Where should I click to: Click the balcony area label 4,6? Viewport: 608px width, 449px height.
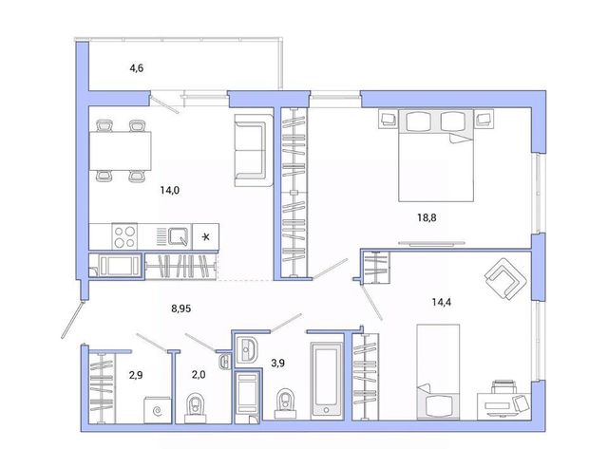[x=137, y=68]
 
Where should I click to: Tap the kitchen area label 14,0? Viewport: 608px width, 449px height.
[x=170, y=190]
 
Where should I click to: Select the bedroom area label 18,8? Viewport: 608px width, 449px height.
[x=427, y=217]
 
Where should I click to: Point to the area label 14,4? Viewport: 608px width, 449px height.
[x=441, y=302]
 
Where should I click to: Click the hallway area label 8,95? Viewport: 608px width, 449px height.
[x=181, y=309]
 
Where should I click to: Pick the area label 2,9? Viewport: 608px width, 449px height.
[x=136, y=375]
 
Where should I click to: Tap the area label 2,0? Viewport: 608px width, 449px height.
[x=199, y=375]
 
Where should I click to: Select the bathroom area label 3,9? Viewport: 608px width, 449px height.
[x=277, y=363]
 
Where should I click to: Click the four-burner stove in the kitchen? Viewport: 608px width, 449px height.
[x=124, y=236]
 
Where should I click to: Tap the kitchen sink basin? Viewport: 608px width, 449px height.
[x=179, y=236]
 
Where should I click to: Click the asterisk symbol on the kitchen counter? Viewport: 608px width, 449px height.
[x=206, y=236]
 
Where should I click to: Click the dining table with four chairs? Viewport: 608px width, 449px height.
[x=121, y=151]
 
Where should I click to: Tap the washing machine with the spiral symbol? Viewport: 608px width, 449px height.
[x=158, y=410]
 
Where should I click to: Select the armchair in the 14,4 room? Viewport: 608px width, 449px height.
[x=505, y=279]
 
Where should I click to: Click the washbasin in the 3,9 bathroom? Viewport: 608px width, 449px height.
[x=245, y=349]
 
